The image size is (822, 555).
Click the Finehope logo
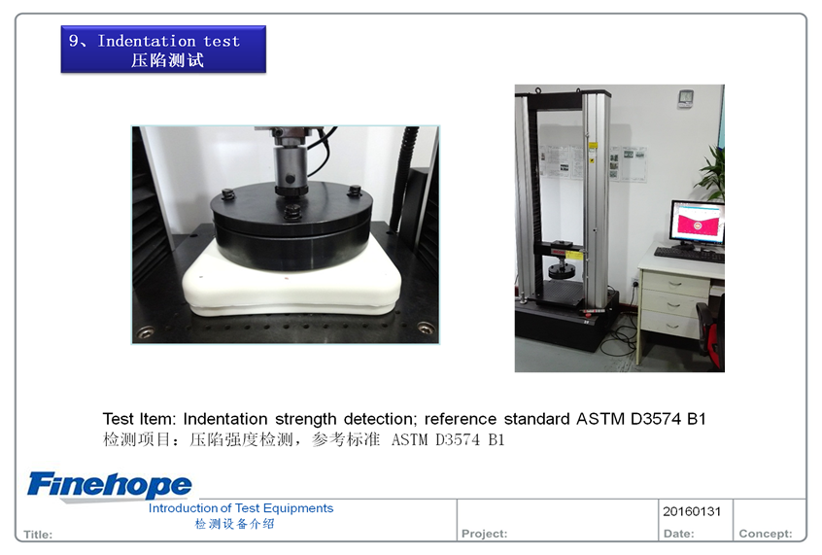point(110,485)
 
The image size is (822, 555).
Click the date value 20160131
point(692,511)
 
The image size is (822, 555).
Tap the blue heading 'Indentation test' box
point(163,50)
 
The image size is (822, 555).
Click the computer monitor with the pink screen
point(698,223)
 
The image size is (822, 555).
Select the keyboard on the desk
point(689,255)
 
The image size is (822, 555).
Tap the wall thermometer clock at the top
point(686,98)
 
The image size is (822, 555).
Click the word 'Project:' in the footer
point(485,534)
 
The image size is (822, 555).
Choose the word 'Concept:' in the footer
point(766,534)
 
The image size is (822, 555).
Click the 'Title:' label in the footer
point(38,535)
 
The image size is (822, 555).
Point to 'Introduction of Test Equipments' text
point(241,507)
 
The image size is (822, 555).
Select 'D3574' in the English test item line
point(655,419)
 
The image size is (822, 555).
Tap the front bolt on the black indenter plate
point(292,212)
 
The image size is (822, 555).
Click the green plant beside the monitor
point(713,171)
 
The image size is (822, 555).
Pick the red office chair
point(712,330)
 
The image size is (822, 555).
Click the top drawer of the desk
point(675,284)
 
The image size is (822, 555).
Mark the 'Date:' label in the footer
point(678,534)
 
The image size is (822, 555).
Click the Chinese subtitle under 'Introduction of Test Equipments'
point(234,524)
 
